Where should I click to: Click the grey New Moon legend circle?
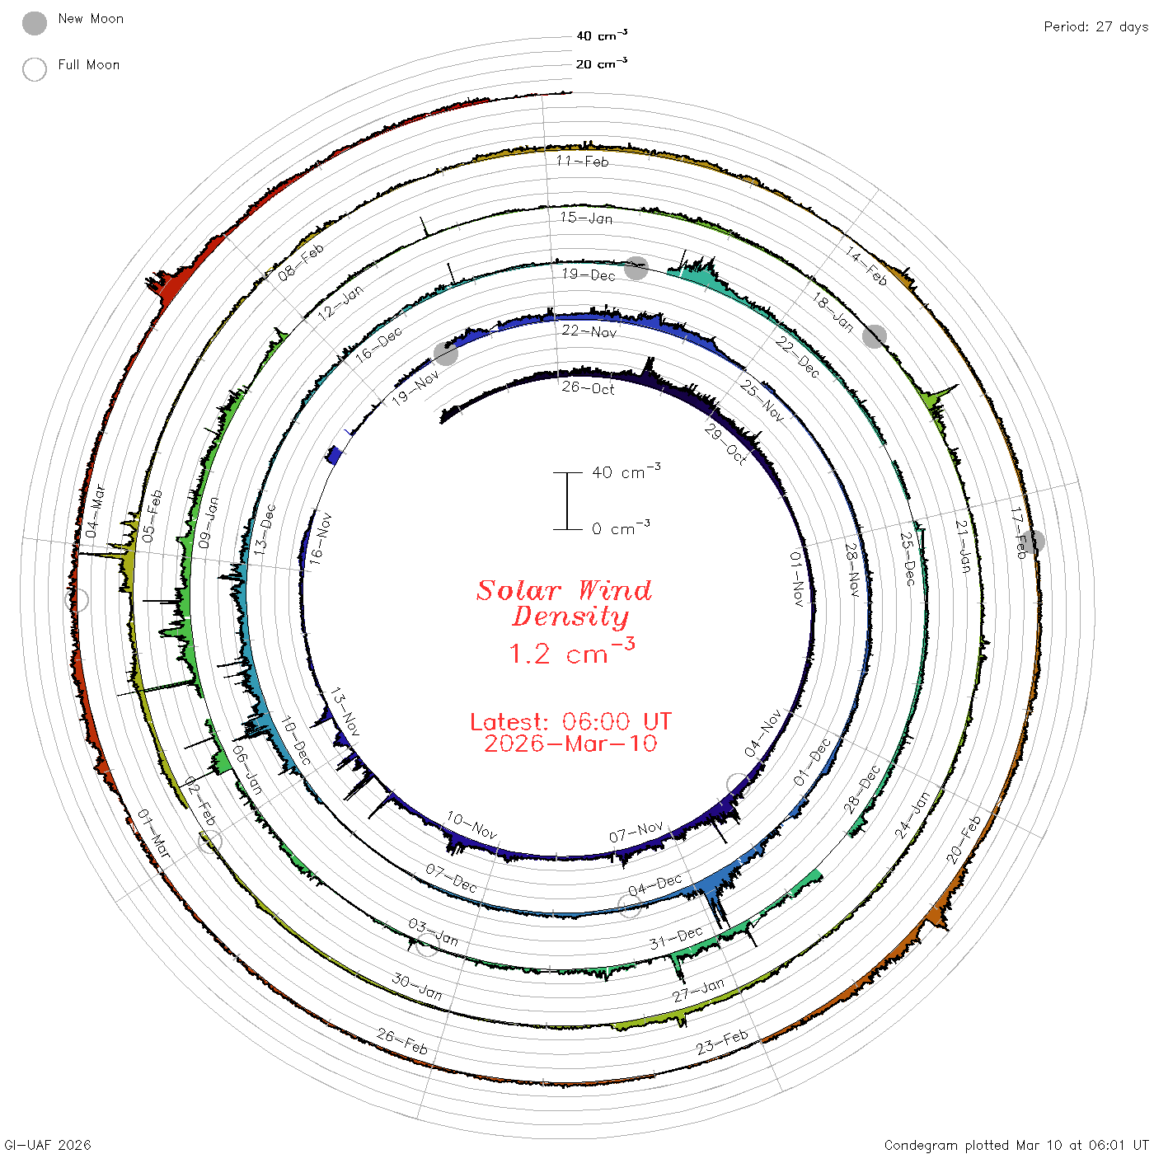(35, 23)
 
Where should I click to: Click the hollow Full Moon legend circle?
(35, 69)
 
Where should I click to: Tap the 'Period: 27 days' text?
(1095, 27)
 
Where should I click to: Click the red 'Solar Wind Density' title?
(564, 603)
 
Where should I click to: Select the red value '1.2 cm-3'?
(571, 651)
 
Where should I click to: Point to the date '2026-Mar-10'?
(570, 744)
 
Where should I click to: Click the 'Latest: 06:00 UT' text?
(570, 721)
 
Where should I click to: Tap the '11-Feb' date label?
(582, 161)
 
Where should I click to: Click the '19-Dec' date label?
(589, 274)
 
